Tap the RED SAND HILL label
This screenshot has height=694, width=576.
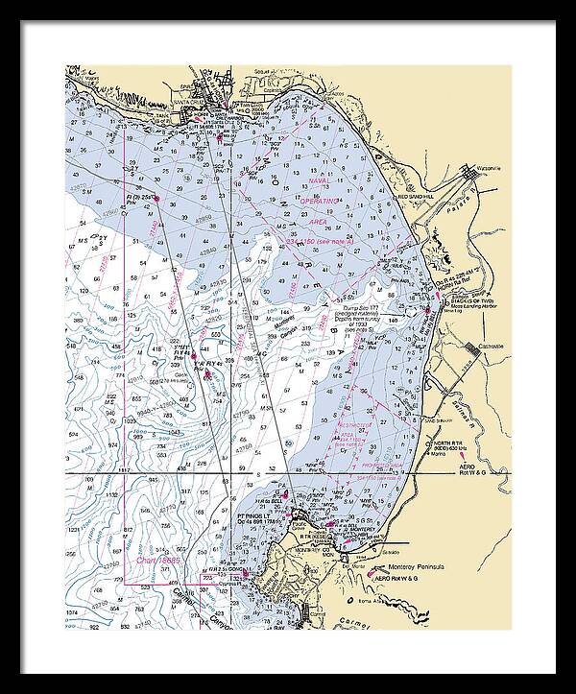coord(417,197)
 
